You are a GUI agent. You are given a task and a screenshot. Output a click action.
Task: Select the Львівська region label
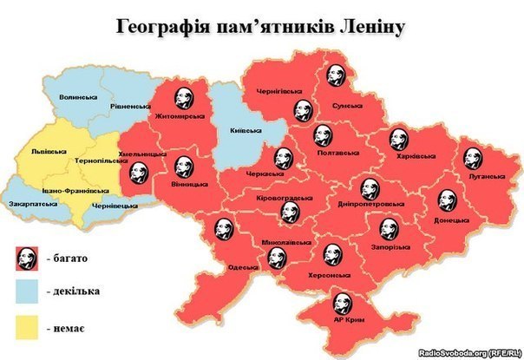(49, 150)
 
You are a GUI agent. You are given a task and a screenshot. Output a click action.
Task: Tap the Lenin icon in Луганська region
(472, 158)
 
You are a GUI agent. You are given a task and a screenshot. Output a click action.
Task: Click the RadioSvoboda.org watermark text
(468, 352)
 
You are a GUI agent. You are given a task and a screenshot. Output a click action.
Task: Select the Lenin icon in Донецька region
(446, 200)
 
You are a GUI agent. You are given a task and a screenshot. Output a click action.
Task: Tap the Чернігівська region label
(278, 91)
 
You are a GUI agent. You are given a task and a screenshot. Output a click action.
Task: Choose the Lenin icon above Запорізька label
(388, 228)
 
